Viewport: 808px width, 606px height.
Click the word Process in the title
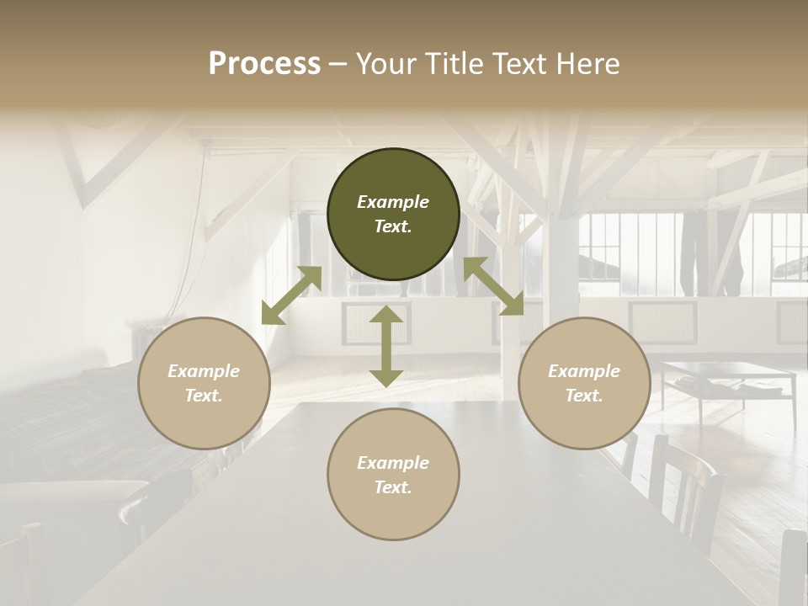tap(264, 64)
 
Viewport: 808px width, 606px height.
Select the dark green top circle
tap(393, 214)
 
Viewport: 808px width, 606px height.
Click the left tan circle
tap(204, 383)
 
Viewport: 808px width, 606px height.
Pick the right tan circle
tap(584, 383)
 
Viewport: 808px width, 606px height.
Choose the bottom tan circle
tap(393, 475)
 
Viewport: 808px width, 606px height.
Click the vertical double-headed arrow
tap(385, 346)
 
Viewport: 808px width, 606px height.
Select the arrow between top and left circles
tap(291, 295)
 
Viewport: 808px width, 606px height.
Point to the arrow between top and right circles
tap(494, 286)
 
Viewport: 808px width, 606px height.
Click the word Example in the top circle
tap(393, 202)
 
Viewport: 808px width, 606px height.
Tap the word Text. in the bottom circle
tap(393, 487)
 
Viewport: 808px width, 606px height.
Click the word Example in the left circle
tap(204, 371)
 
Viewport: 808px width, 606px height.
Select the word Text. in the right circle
tap(584, 396)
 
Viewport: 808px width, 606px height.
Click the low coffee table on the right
tap(728, 375)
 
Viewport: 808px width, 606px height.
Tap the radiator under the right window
tap(662, 320)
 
